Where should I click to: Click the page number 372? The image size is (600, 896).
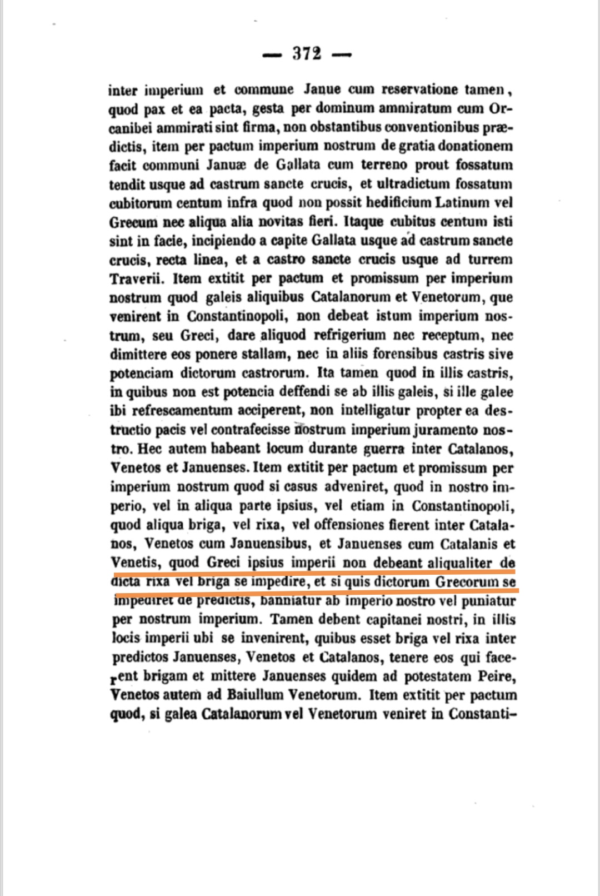pos(307,54)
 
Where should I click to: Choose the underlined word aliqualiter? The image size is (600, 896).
pos(460,563)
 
